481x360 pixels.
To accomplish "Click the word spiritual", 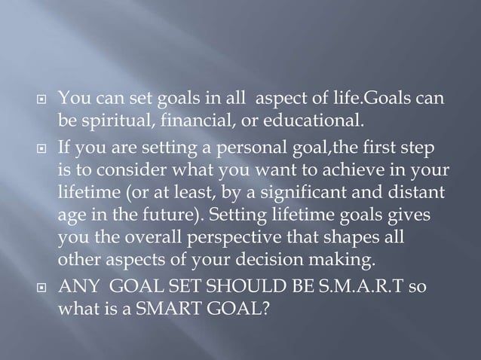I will pos(110,119).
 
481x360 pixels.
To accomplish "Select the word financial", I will pos(182,119).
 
